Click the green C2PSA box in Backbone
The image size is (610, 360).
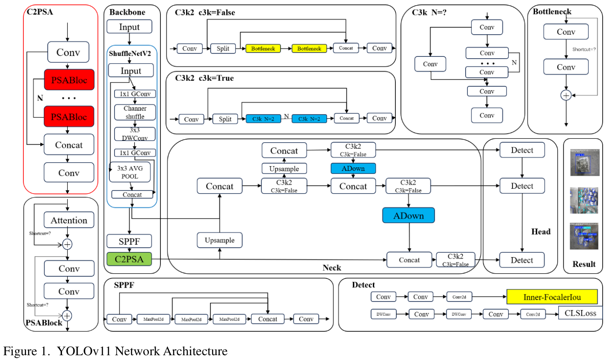(x=129, y=259)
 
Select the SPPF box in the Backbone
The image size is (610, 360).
(x=129, y=241)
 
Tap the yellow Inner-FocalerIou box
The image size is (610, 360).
(x=552, y=297)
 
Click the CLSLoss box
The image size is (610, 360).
(x=580, y=313)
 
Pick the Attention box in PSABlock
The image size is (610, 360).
(x=69, y=220)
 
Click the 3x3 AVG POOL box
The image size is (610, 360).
(x=130, y=172)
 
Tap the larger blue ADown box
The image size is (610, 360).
(x=408, y=215)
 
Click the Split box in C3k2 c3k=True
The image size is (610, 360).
(x=225, y=118)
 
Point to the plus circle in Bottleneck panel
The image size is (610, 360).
(x=566, y=95)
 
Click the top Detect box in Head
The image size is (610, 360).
(x=522, y=150)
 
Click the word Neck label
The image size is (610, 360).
(x=332, y=268)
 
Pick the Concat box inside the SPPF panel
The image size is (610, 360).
(x=267, y=319)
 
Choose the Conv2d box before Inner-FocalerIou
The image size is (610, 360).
(x=459, y=297)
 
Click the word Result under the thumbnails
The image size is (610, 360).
(x=584, y=264)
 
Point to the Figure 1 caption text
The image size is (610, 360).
(x=115, y=350)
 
